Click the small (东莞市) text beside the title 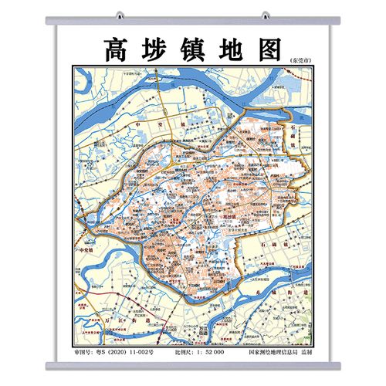[299, 59]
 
